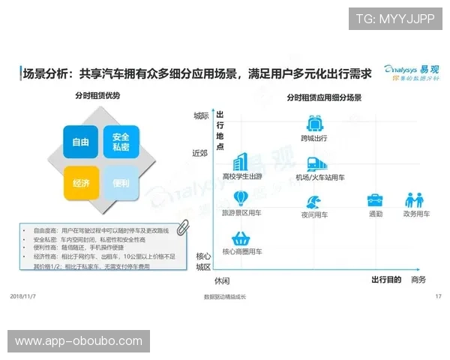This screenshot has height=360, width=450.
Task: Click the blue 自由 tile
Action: (81, 142)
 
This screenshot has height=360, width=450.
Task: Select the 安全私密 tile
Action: (121, 142)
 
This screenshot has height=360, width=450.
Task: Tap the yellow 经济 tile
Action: (81, 183)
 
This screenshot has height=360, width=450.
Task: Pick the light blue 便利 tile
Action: (121, 183)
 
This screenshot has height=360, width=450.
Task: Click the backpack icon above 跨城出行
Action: (314, 124)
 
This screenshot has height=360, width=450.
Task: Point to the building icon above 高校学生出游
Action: (241, 162)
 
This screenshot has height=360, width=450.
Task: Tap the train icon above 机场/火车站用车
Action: (314, 164)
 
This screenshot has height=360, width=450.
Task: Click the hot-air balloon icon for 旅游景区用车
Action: (241, 199)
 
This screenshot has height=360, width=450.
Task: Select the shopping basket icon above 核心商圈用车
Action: (241, 239)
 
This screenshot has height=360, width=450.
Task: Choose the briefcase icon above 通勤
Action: (375, 200)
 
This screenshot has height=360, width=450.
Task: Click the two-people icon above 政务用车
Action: (415, 200)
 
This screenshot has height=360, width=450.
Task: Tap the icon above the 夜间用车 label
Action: (314, 201)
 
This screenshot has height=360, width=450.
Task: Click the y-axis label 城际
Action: (201, 115)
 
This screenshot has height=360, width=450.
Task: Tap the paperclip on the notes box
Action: (181, 229)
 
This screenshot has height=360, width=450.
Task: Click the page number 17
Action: (438, 297)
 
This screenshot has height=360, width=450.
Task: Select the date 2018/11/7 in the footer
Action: (25, 297)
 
